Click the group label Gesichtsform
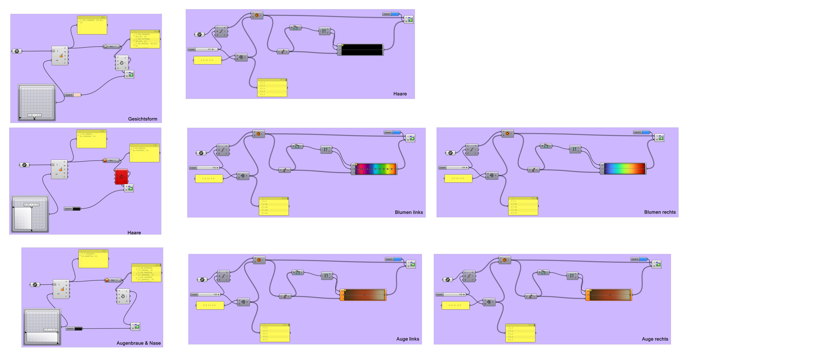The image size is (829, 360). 143,119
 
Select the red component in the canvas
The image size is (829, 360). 121,176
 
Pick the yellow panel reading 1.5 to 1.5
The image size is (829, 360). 207,60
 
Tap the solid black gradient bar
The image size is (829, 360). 362,50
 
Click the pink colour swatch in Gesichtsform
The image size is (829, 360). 77,95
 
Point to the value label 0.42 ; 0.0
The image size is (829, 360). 34,115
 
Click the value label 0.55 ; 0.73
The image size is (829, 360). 31,204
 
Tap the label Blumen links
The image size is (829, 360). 409,212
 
